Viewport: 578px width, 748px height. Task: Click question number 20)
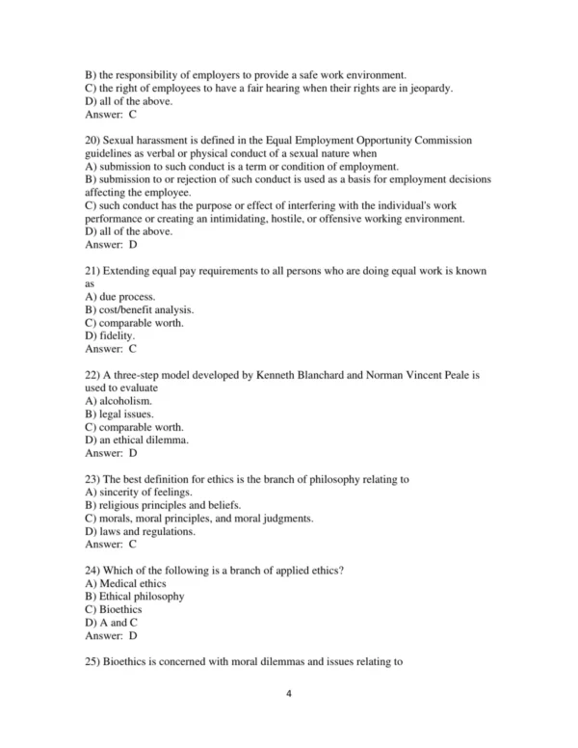tap(93, 140)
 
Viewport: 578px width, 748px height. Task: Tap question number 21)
tap(93, 271)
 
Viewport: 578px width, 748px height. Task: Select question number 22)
tap(93, 374)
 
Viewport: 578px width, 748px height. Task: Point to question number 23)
tap(93, 478)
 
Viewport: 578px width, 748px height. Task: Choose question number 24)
tap(93, 570)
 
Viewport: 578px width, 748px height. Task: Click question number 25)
tap(93, 661)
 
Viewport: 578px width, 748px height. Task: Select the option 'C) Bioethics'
tap(114, 609)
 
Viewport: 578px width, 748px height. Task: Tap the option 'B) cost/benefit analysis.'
tap(140, 309)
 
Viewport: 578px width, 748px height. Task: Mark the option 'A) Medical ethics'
tap(125, 583)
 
